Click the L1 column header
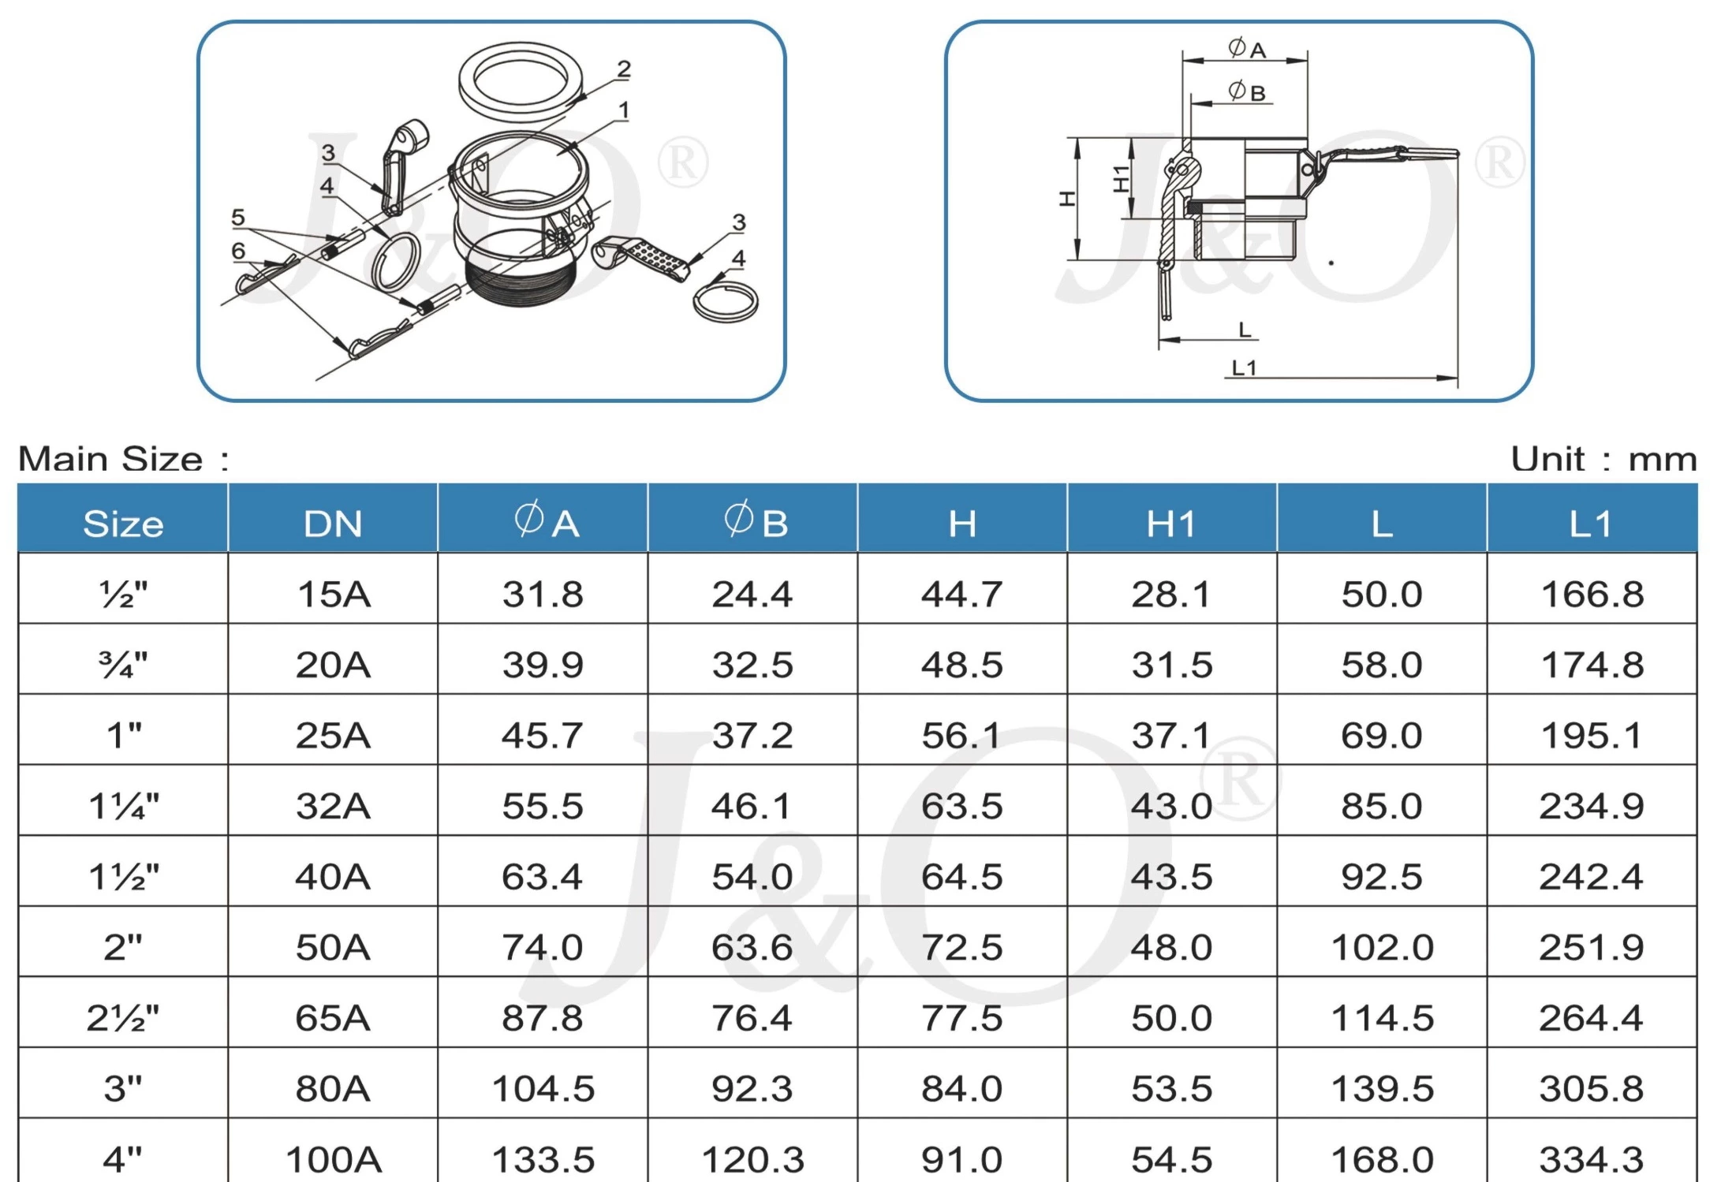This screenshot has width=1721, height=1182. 1591,524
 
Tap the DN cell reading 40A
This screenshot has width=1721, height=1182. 332,877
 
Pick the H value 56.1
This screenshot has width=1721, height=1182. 961,736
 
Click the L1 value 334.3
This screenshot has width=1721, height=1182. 1591,1159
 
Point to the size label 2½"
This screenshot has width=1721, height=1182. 123,1018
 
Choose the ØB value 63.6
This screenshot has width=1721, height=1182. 752,947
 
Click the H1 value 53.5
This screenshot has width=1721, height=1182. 1171,1089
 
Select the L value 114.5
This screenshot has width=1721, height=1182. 1382,1018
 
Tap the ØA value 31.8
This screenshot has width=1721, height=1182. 543,595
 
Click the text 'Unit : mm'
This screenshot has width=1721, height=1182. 1603,459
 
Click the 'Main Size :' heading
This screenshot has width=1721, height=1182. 124,459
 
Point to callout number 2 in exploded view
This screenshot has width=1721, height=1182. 624,69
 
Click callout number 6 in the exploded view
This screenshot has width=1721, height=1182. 238,251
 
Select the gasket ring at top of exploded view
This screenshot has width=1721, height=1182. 523,81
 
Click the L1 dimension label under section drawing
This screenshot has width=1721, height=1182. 1244,367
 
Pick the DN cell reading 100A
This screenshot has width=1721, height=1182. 334,1159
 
